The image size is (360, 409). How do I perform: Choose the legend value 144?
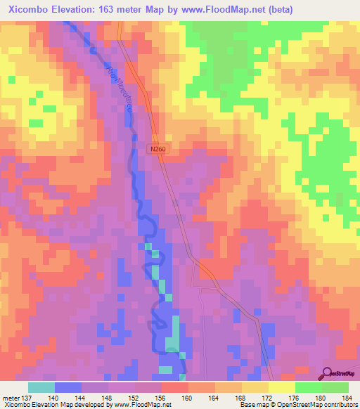coord(82,398)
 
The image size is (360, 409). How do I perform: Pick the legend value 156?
coord(162,398)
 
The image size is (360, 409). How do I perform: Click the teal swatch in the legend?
coord(41,387)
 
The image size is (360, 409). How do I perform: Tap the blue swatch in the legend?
coord(68,387)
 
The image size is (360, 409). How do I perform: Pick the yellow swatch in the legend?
coord(282,387)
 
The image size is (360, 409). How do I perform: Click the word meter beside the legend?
coord(10,398)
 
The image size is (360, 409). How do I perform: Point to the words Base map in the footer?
coord(250,405)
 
